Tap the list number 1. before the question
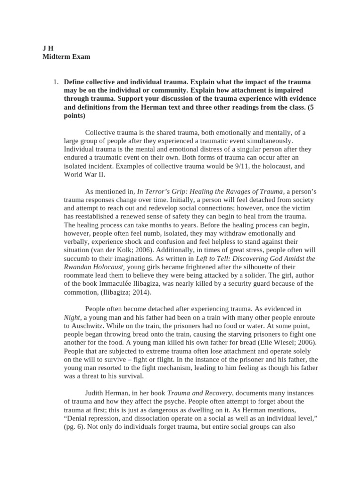click(56, 82)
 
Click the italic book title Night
click(72, 318)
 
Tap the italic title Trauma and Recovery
click(193, 393)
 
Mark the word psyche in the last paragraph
click(203, 402)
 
